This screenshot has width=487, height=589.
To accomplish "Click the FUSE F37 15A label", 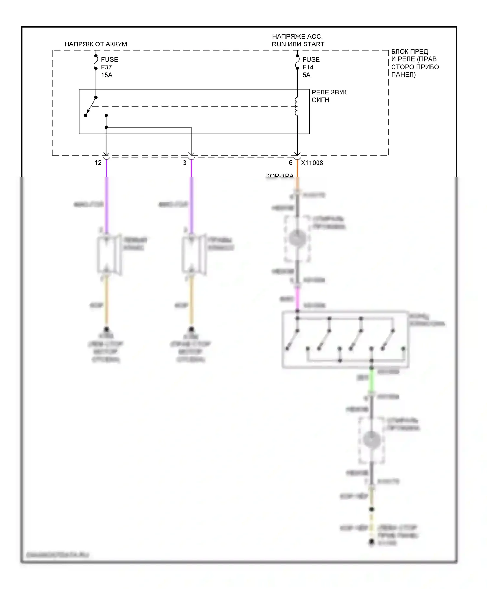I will click(x=109, y=67).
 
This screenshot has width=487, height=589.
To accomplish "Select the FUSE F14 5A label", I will click(x=311, y=67).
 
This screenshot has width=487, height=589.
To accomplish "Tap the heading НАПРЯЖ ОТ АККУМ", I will click(x=95, y=44).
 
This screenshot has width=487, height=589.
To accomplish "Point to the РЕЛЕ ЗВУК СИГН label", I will click(x=329, y=96).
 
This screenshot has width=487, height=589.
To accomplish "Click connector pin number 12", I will click(x=98, y=163).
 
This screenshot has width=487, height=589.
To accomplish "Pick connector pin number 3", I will click(x=184, y=163).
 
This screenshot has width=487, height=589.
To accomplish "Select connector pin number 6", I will click(x=291, y=163).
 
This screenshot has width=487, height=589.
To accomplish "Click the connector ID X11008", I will click(x=312, y=163).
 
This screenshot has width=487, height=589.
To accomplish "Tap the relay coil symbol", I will click(x=296, y=106).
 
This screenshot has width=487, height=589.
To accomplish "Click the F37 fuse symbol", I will click(x=96, y=62).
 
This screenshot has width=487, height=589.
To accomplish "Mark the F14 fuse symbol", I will click(x=297, y=62).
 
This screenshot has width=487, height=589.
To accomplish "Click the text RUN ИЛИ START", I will click(x=298, y=44).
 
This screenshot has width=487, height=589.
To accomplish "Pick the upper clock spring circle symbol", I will click(x=297, y=239).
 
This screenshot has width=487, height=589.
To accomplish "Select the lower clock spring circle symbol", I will click(x=372, y=440).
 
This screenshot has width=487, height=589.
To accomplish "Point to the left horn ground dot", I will click(x=106, y=329).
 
